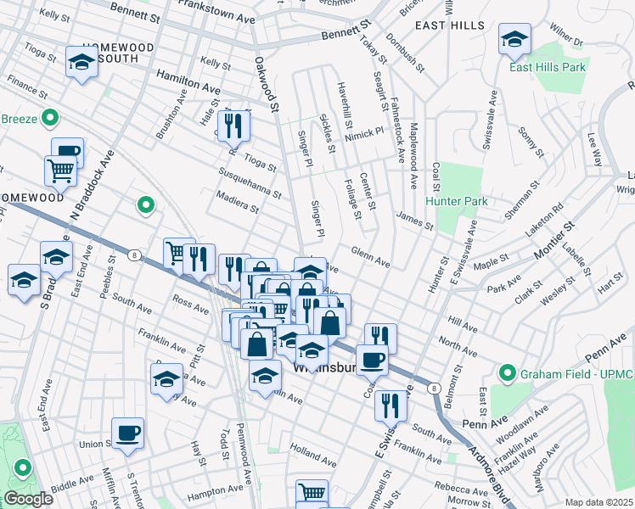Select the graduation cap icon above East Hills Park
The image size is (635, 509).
pos(514,41)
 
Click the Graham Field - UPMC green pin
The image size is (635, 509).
pos(508,372)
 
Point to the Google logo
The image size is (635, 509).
pos(28,499)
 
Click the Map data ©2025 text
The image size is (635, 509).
pos(598,502)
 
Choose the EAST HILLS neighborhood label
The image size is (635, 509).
pos(444,26)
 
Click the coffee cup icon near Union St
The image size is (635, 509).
pos(128,433)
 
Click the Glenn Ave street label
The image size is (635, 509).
pos(371,258)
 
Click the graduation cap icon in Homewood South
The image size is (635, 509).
pos(82,62)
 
